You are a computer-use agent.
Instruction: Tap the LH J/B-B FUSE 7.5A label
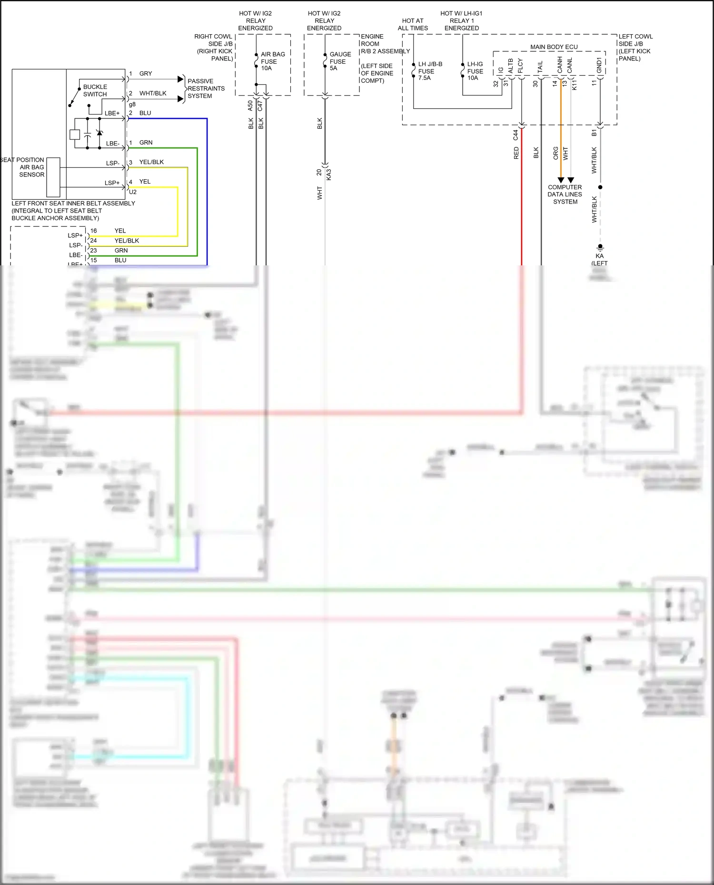coord(429,71)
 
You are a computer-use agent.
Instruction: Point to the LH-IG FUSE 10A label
coord(475,71)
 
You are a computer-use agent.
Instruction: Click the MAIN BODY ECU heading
coord(554,47)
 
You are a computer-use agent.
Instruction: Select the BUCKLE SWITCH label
coord(95,90)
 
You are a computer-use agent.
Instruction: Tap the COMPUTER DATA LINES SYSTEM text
coord(565,195)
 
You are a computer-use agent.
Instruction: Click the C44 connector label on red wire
coord(516,135)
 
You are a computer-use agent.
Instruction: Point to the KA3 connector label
coord(329,175)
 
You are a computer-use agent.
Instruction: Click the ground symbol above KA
coord(600,247)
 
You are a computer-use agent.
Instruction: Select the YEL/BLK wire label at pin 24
coord(127,241)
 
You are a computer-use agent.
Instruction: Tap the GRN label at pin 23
coord(121,251)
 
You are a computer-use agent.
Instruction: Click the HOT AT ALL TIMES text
coord(413,24)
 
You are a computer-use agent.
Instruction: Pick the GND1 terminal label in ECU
coord(599,66)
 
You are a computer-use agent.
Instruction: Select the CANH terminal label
coord(560,65)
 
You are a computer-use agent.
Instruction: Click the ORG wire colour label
coord(555,153)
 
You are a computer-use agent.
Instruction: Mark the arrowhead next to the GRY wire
coord(181,78)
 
